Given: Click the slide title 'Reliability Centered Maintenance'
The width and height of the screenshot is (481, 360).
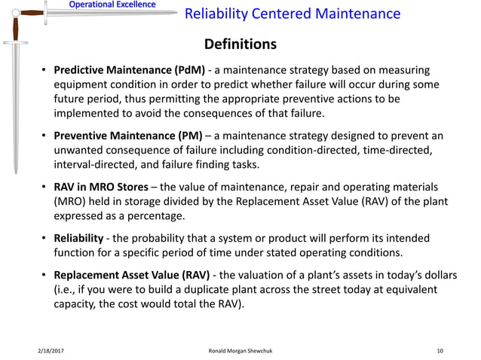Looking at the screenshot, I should click(293, 14).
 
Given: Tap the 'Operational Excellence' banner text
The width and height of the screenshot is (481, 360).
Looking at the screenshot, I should click(112, 5).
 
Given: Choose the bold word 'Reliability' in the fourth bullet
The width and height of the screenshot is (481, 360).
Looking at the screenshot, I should click(78, 238).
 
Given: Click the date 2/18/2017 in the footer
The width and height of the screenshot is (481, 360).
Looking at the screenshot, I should click(52, 351).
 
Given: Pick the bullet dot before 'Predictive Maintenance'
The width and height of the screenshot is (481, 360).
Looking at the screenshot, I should click(44, 72).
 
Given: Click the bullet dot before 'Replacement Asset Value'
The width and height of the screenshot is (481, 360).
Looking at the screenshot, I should click(44, 274).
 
